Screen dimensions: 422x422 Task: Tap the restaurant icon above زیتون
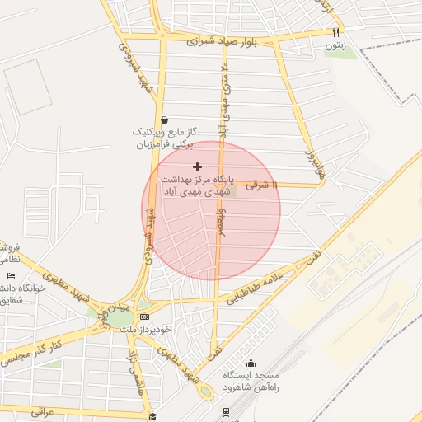335,32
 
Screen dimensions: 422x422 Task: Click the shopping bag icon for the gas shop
165,119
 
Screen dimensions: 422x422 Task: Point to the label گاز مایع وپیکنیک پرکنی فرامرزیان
165,138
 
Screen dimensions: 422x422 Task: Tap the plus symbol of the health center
197,166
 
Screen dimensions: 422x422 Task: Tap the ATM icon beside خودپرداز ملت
146,316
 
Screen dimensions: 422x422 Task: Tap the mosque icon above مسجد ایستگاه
251,363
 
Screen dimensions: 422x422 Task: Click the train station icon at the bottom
226,411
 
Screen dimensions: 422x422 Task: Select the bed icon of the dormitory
11,275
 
